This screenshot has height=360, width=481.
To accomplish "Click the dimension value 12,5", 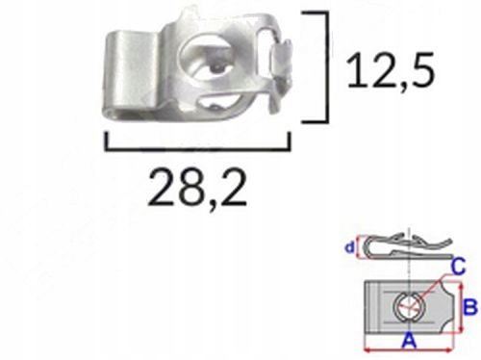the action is [392, 70].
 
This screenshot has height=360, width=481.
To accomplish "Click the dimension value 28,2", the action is [197, 190].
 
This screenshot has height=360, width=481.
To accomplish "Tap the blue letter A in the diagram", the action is [409, 340].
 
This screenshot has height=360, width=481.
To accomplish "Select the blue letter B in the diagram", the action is [470, 307].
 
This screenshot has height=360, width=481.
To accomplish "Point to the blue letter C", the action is [458, 267].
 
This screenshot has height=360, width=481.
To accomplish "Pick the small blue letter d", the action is [349, 247].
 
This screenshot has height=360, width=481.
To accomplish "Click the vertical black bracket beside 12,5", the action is [327, 66].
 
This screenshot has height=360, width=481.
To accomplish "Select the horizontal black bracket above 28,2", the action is [197, 148].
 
